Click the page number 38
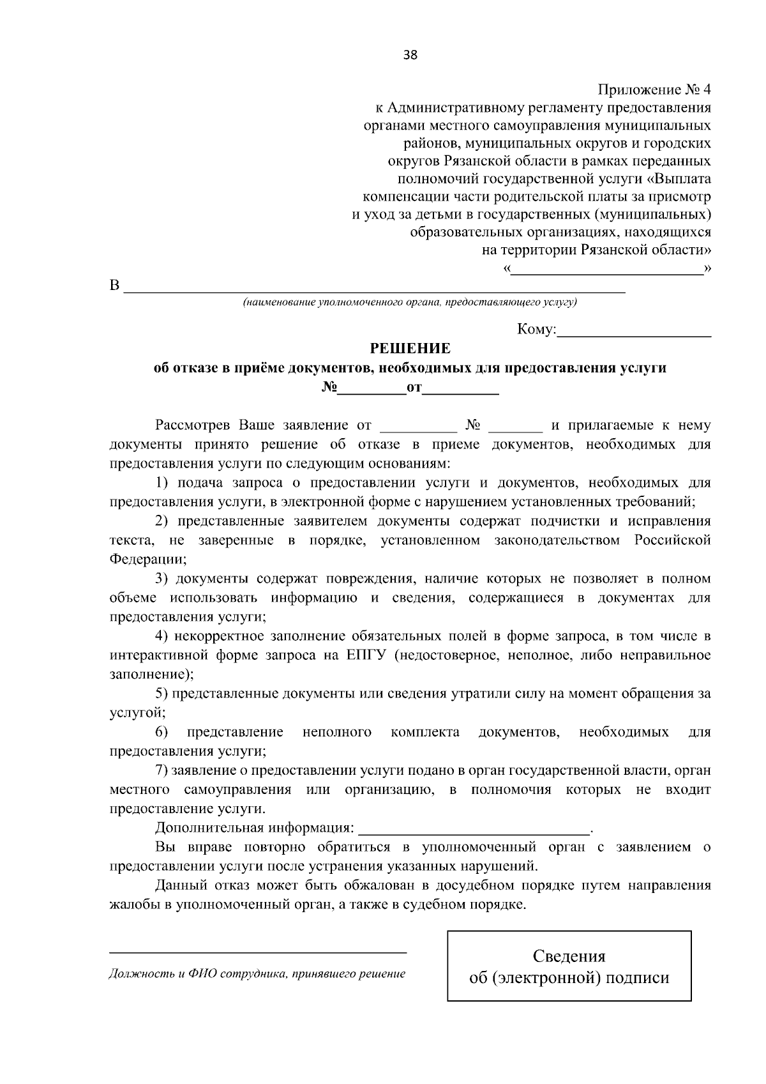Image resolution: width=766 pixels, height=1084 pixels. (410, 55)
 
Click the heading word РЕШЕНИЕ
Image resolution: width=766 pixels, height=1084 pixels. (410, 349)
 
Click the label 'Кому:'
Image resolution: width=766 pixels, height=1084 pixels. (536, 330)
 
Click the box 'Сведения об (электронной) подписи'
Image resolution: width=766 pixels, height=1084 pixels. (569, 966)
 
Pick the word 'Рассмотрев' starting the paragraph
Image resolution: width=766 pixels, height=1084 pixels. (193, 425)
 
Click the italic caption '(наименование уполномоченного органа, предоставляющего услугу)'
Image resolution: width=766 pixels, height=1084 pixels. (410, 302)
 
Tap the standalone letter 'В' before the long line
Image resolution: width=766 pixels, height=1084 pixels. (115, 286)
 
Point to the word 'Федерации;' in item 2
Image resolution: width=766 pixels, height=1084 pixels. (148, 560)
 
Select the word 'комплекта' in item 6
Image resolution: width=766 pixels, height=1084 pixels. (425, 732)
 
